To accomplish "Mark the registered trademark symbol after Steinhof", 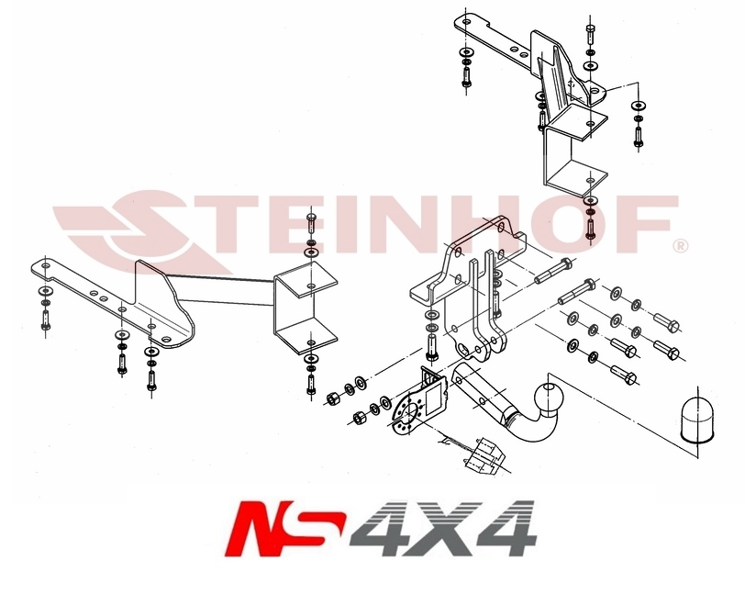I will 679,245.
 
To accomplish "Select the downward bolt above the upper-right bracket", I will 590,37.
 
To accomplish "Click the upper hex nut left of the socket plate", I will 334,397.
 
